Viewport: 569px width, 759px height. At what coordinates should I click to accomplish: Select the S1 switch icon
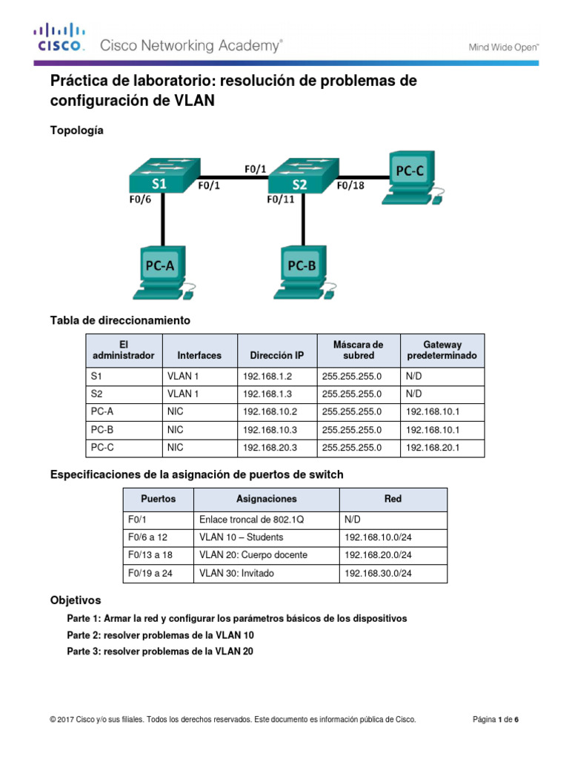point(159,176)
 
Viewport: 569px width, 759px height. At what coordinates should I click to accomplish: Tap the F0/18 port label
point(350,187)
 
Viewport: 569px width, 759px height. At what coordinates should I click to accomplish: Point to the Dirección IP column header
point(276,356)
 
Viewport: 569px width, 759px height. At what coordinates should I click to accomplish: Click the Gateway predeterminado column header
point(442,350)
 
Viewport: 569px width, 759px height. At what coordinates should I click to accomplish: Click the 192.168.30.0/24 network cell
point(378,573)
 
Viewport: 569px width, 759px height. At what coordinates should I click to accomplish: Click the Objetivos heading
point(76,599)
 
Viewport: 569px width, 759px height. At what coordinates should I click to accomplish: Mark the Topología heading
point(77,130)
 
